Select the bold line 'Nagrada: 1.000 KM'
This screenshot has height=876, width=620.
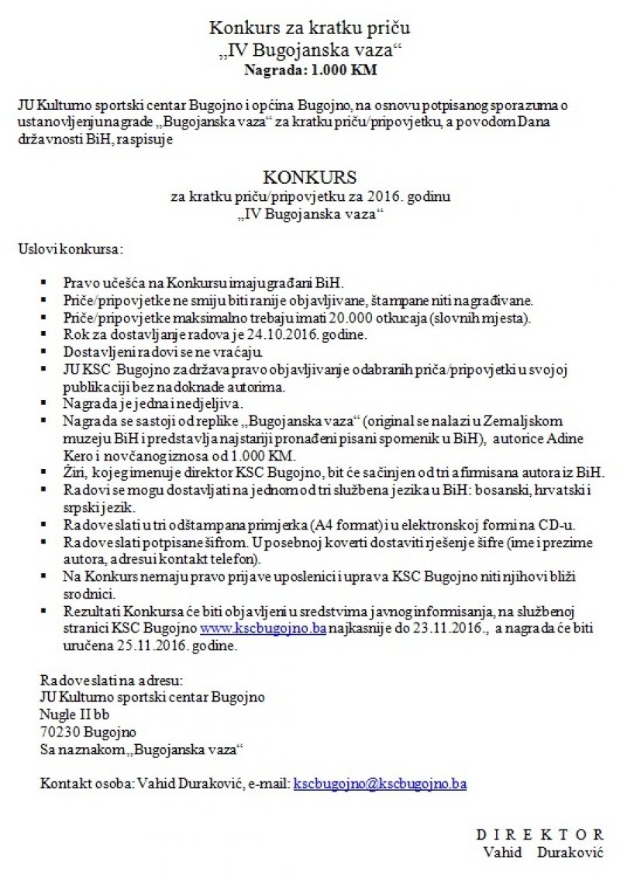point(309,69)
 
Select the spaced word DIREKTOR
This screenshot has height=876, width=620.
point(539,834)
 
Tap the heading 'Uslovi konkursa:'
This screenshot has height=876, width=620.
point(69,250)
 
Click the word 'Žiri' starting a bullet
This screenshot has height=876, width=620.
point(76,471)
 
